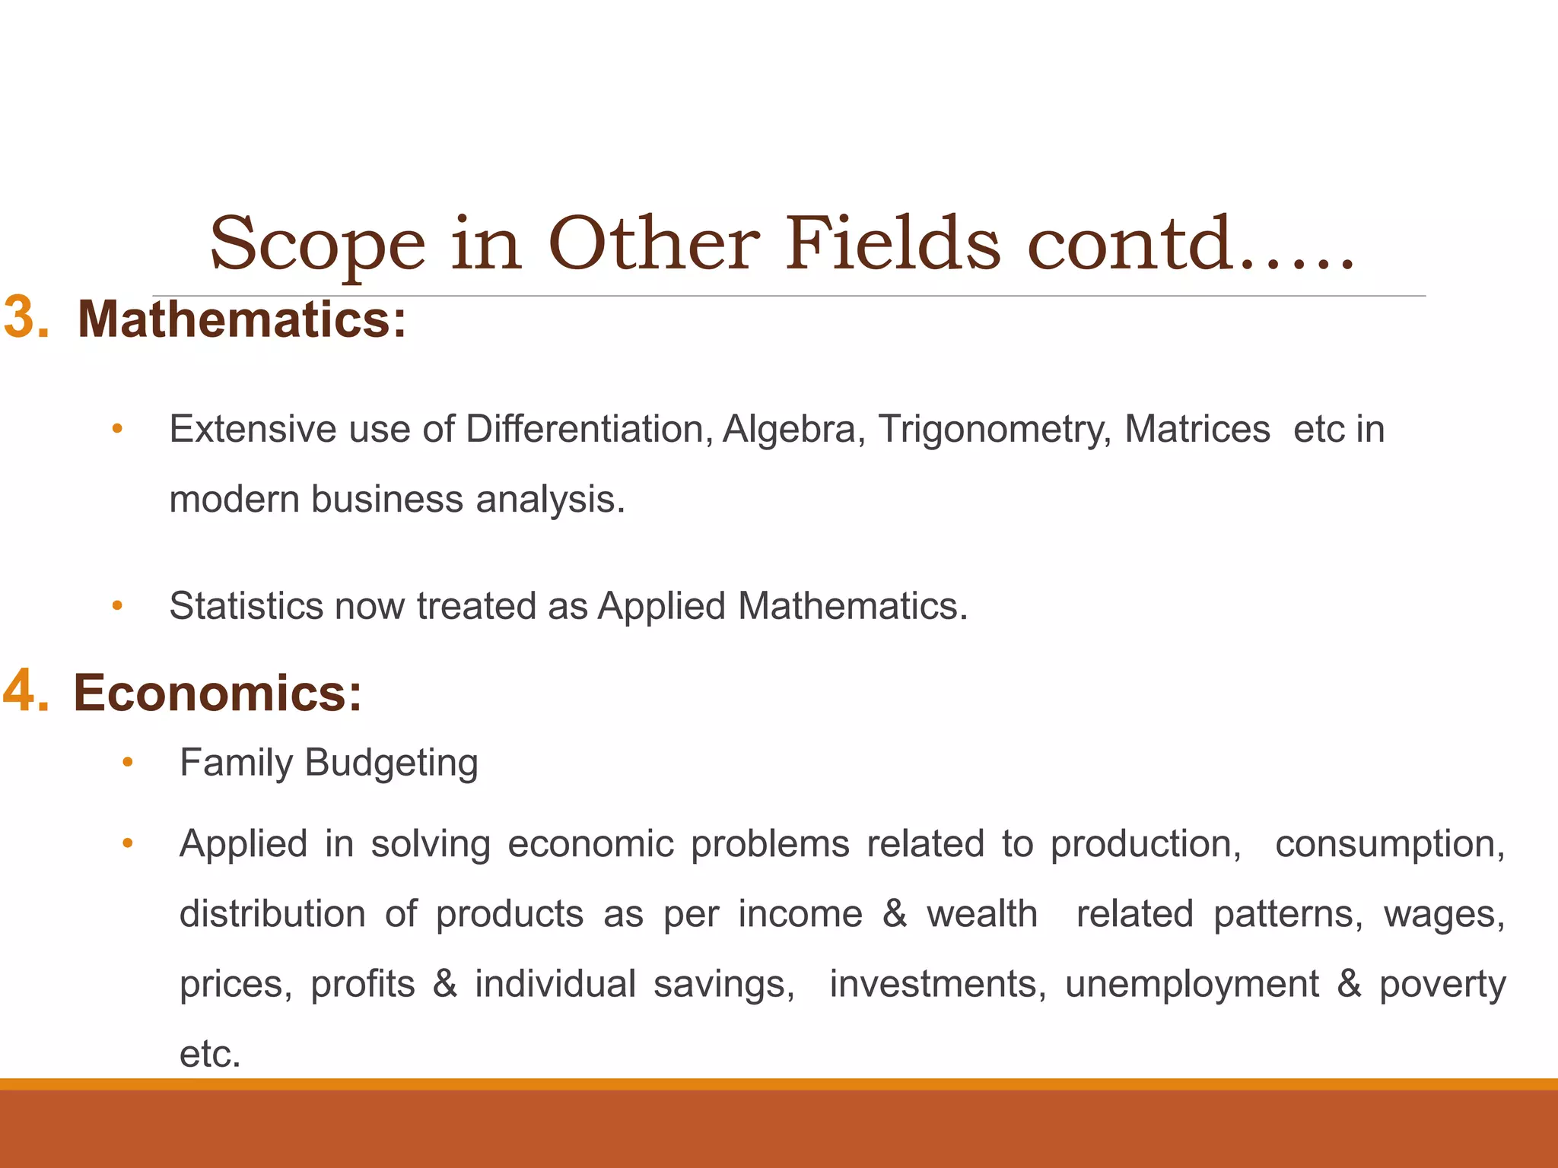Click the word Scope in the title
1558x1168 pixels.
pos(317,245)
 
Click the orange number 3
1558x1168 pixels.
pos(27,318)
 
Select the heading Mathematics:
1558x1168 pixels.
pos(242,319)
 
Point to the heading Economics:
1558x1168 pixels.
pos(218,693)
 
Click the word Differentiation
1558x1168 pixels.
pos(589,429)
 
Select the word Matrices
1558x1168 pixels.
pos(1197,429)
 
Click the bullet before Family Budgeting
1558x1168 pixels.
pos(128,762)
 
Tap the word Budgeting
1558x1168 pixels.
pos(391,763)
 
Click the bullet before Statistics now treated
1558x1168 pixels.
pos(117,606)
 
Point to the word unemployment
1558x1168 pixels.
pos(1191,985)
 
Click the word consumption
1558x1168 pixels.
pos(1390,845)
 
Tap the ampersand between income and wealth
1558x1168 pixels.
pos(895,913)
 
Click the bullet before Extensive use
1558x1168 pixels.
pos(117,429)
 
